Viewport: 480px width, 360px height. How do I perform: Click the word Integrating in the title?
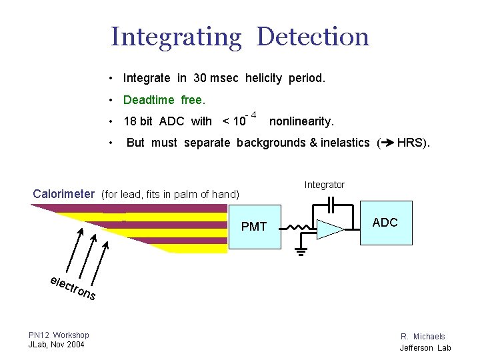tap(176, 37)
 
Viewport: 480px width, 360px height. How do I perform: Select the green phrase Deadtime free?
tap(165, 100)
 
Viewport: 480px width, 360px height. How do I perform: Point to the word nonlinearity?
tap(301, 121)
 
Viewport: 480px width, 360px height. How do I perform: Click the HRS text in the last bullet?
tap(413, 142)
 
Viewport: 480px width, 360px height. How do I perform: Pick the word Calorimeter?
tap(64, 194)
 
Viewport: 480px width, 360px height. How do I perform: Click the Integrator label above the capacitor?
tap(325, 185)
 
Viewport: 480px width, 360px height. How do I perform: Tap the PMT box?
tap(254, 227)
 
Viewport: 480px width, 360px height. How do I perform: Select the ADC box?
tap(385, 223)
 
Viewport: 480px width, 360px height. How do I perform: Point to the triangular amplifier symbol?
tap(329, 229)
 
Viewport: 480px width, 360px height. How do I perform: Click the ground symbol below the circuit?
tap(301, 251)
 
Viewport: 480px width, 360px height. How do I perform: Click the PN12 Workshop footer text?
tap(59, 335)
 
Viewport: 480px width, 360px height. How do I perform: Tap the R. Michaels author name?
tap(423, 337)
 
